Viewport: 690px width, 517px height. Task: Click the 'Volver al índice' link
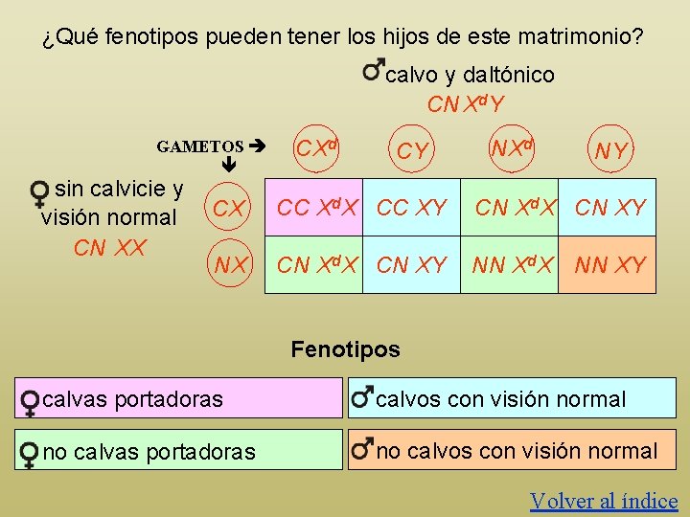pos(604,501)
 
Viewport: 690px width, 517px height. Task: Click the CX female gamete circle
pos(229,207)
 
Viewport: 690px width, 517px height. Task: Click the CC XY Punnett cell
pos(412,207)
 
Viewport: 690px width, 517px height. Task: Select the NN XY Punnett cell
pos(609,265)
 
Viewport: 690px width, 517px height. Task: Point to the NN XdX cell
pos(513,265)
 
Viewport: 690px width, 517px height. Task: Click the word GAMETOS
pos(200,146)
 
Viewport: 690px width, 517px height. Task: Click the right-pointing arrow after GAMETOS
pos(256,146)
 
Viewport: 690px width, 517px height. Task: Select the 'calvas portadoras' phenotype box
pos(178,398)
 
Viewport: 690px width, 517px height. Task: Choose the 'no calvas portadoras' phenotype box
pos(178,450)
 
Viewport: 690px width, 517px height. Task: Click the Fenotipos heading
pos(345,349)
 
